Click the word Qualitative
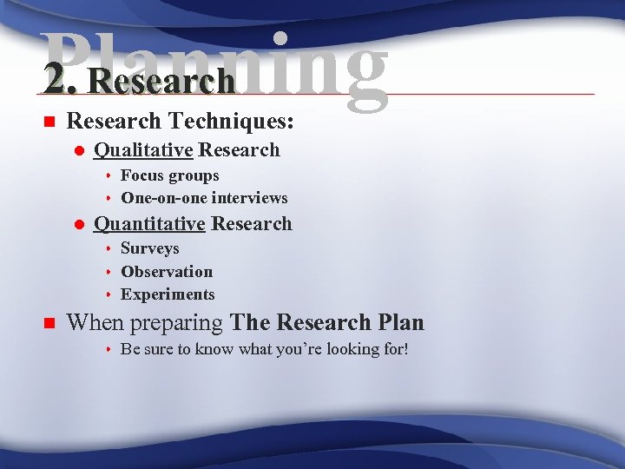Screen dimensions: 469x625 click(x=143, y=149)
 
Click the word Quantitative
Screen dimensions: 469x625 click(x=149, y=223)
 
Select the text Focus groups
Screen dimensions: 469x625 click(x=169, y=175)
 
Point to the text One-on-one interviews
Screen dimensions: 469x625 click(x=204, y=198)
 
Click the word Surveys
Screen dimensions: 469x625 click(x=149, y=249)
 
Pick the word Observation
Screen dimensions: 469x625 click(x=167, y=272)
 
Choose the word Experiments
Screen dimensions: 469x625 click(x=168, y=294)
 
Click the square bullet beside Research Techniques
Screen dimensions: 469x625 click(x=49, y=121)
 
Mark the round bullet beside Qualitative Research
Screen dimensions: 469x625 click(x=78, y=150)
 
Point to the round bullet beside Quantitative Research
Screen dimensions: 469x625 click(x=78, y=224)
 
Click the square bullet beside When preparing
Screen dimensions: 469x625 click(x=49, y=324)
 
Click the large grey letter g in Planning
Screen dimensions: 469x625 click(x=354, y=69)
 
